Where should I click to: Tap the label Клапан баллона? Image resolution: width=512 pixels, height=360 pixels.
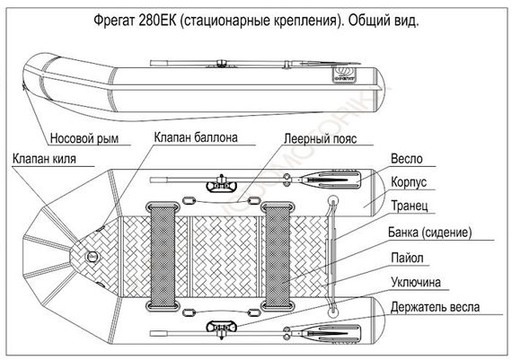(195, 139)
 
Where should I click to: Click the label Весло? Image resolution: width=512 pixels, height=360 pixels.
(408, 160)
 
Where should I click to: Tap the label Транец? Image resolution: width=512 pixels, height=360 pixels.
(414, 206)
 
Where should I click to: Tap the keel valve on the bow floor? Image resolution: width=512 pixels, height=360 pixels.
(93, 256)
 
